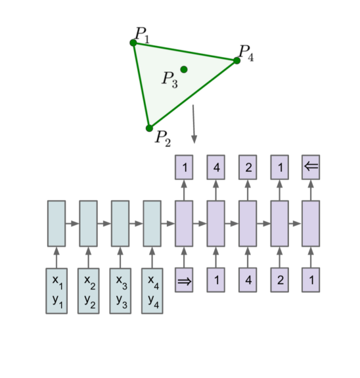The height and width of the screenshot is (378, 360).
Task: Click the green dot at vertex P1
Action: pos(133,43)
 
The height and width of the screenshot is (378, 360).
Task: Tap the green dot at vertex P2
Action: pos(149,128)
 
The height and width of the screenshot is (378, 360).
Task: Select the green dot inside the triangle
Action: pos(184,69)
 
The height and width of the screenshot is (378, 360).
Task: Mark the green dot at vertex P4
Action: pos(236,60)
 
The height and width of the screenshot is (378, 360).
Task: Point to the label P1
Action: pos(142,34)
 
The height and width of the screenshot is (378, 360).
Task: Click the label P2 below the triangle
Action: pos(163,138)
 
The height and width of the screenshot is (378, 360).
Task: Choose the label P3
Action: pos(169,80)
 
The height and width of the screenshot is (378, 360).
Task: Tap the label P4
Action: pos(246,52)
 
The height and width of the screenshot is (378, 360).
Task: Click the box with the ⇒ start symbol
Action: pos(184,280)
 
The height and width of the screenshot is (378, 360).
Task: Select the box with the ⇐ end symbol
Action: pos(311,167)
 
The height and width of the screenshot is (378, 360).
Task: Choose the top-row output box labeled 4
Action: pos(216,167)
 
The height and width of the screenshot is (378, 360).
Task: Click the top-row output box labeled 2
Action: pos(248,167)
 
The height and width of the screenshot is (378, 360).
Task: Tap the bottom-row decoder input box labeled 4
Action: pos(248,280)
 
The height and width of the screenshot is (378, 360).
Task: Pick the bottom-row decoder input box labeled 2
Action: pos(279,280)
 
